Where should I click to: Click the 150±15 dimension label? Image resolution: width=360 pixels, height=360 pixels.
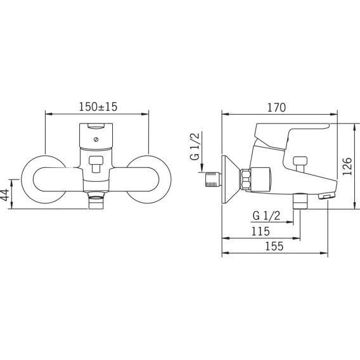point(98,106)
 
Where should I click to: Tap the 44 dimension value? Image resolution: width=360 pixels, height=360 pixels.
point(5,195)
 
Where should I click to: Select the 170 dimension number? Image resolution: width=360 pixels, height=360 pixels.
point(277,108)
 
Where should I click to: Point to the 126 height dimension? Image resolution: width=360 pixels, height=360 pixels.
point(347,166)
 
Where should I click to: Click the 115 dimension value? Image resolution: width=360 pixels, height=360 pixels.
point(260,231)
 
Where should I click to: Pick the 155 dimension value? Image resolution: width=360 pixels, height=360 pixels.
point(274,246)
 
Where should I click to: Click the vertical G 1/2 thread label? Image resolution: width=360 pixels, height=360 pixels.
point(195,146)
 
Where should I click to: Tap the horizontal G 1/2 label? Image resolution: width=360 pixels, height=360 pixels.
point(267,216)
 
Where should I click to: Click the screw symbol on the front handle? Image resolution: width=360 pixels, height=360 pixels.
point(96,139)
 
